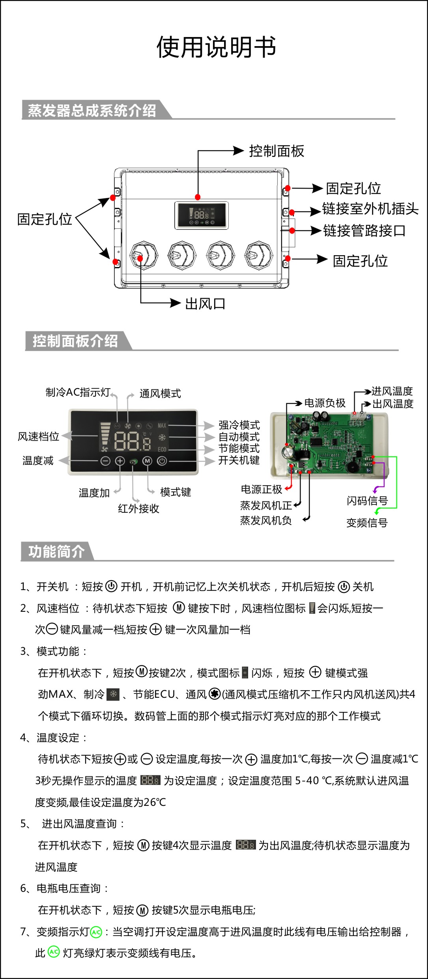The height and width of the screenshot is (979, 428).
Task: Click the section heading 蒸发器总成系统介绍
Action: tap(92, 110)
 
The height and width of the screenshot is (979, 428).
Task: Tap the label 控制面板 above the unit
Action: tap(277, 151)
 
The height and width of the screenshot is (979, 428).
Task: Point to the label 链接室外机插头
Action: tap(370, 209)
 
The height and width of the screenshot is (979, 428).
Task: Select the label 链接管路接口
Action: tap(364, 231)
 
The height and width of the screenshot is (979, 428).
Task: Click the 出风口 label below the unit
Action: tap(205, 304)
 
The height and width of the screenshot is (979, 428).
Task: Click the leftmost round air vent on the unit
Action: tap(144, 256)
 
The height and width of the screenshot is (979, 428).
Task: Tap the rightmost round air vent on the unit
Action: tap(259, 256)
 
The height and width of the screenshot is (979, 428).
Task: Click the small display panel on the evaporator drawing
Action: tap(201, 215)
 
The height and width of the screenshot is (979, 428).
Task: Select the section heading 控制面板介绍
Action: tap(75, 341)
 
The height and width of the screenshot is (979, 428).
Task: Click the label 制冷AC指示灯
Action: tap(78, 392)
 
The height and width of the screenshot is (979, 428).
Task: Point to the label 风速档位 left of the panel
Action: tap(38, 436)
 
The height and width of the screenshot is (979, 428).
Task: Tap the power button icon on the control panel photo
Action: tap(162, 461)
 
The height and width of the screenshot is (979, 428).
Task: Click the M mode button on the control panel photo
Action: tap(147, 461)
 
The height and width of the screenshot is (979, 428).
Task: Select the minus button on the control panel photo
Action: tap(105, 461)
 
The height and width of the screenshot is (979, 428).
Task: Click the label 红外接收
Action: tap(138, 508)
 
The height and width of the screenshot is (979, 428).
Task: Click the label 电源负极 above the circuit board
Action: tap(325, 403)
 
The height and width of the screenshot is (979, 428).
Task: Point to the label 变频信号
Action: tap(367, 523)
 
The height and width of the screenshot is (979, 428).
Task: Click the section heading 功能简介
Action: tap(56, 551)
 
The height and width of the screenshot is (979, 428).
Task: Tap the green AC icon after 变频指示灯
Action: tap(96, 932)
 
